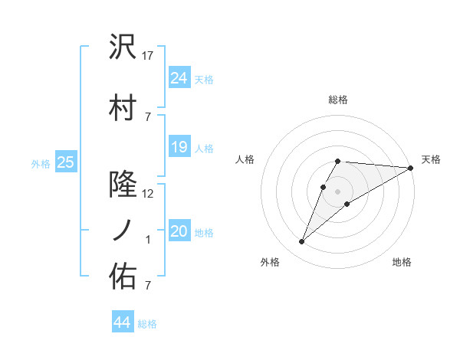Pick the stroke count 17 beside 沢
click(x=149, y=56)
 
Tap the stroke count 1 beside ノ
click(x=149, y=240)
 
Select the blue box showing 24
click(x=179, y=77)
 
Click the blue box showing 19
click(x=179, y=147)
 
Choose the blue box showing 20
click(x=179, y=231)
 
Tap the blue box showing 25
click(x=66, y=162)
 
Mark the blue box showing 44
click(x=122, y=322)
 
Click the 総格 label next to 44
click(x=147, y=324)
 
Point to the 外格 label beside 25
click(x=41, y=163)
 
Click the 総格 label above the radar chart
click(x=337, y=100)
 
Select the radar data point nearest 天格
click(x=411, y=167)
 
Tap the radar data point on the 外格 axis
click(x=301, y=242)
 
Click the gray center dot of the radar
click(x=337, y=190)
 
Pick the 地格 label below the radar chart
click(x=402, y=263)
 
